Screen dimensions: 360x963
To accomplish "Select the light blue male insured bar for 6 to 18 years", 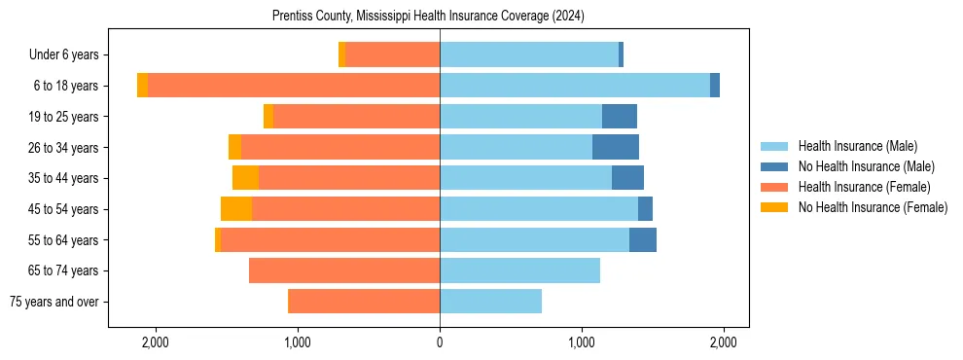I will click(x=575, y=86).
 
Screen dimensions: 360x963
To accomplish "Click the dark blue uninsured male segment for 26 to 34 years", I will click(x=616, y=147).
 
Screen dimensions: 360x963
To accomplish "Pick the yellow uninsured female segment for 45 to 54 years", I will click(x=236, y=209).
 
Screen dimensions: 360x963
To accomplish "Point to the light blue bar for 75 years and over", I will click(x=490, y=302).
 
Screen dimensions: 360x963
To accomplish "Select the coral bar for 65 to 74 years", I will click(x=344, y=270).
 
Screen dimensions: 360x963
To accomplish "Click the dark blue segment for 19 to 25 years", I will click(x=620, y=117).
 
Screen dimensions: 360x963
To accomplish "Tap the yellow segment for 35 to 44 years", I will click(x=245, y=178).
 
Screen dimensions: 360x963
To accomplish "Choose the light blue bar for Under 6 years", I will click(x=529, y=54).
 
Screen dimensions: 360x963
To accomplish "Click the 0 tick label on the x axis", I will click(x=440, y=342).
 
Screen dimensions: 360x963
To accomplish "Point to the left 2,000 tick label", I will click(x=156, y=342).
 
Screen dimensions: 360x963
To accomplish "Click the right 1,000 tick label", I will click(x=582, y=342).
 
